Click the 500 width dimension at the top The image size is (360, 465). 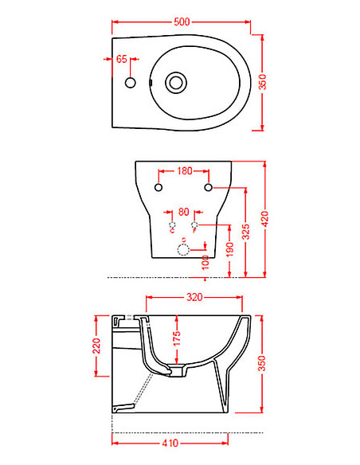click(x=182, y=22)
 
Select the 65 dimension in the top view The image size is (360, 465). click(x=122, y=59)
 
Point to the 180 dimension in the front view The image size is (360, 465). click(x=184, y=170)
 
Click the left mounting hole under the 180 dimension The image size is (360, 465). click(x=158, y=188)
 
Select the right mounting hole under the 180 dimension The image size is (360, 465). click(x=209, y=188)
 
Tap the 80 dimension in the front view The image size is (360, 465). click(x=183, y=212)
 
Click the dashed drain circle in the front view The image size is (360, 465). click(x=183, y=251)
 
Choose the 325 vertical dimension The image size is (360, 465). click(x=246, y=232)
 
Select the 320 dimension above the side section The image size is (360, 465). click(x=194, y=297)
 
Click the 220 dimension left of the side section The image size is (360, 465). click(x=96, y=345)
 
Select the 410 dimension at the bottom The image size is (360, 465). click(x=170, y=440)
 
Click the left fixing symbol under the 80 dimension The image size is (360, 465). click(x=171, y=227)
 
